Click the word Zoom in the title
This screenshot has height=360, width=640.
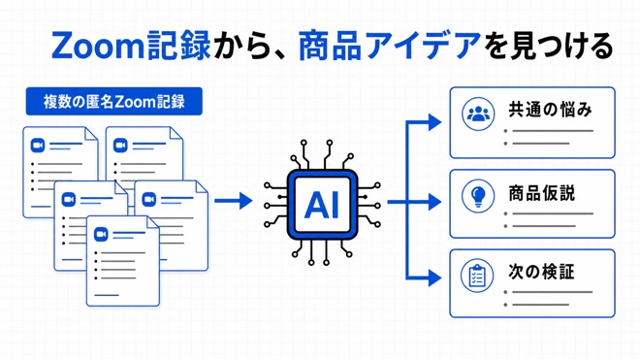98,46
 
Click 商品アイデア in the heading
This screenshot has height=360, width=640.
389,46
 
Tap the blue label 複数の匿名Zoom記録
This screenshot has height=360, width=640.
113,101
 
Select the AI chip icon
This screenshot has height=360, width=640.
322,204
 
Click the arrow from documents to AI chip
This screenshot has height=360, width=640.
233,201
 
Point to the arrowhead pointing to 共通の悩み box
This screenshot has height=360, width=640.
434,121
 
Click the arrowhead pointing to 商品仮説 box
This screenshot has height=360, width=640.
434,202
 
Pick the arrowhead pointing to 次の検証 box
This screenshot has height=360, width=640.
434,278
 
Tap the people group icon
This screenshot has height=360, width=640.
478,114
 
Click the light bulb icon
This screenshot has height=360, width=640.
478,196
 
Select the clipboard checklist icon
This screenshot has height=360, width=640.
477,276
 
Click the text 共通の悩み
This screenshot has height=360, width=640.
550,110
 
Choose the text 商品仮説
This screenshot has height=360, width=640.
542,193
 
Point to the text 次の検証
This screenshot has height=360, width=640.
541,272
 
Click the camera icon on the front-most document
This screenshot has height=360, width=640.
101,235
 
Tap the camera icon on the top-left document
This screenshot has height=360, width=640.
38,145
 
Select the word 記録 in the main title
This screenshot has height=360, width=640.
178,46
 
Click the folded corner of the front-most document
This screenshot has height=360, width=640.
152,222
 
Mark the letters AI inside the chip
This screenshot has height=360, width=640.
322,205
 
